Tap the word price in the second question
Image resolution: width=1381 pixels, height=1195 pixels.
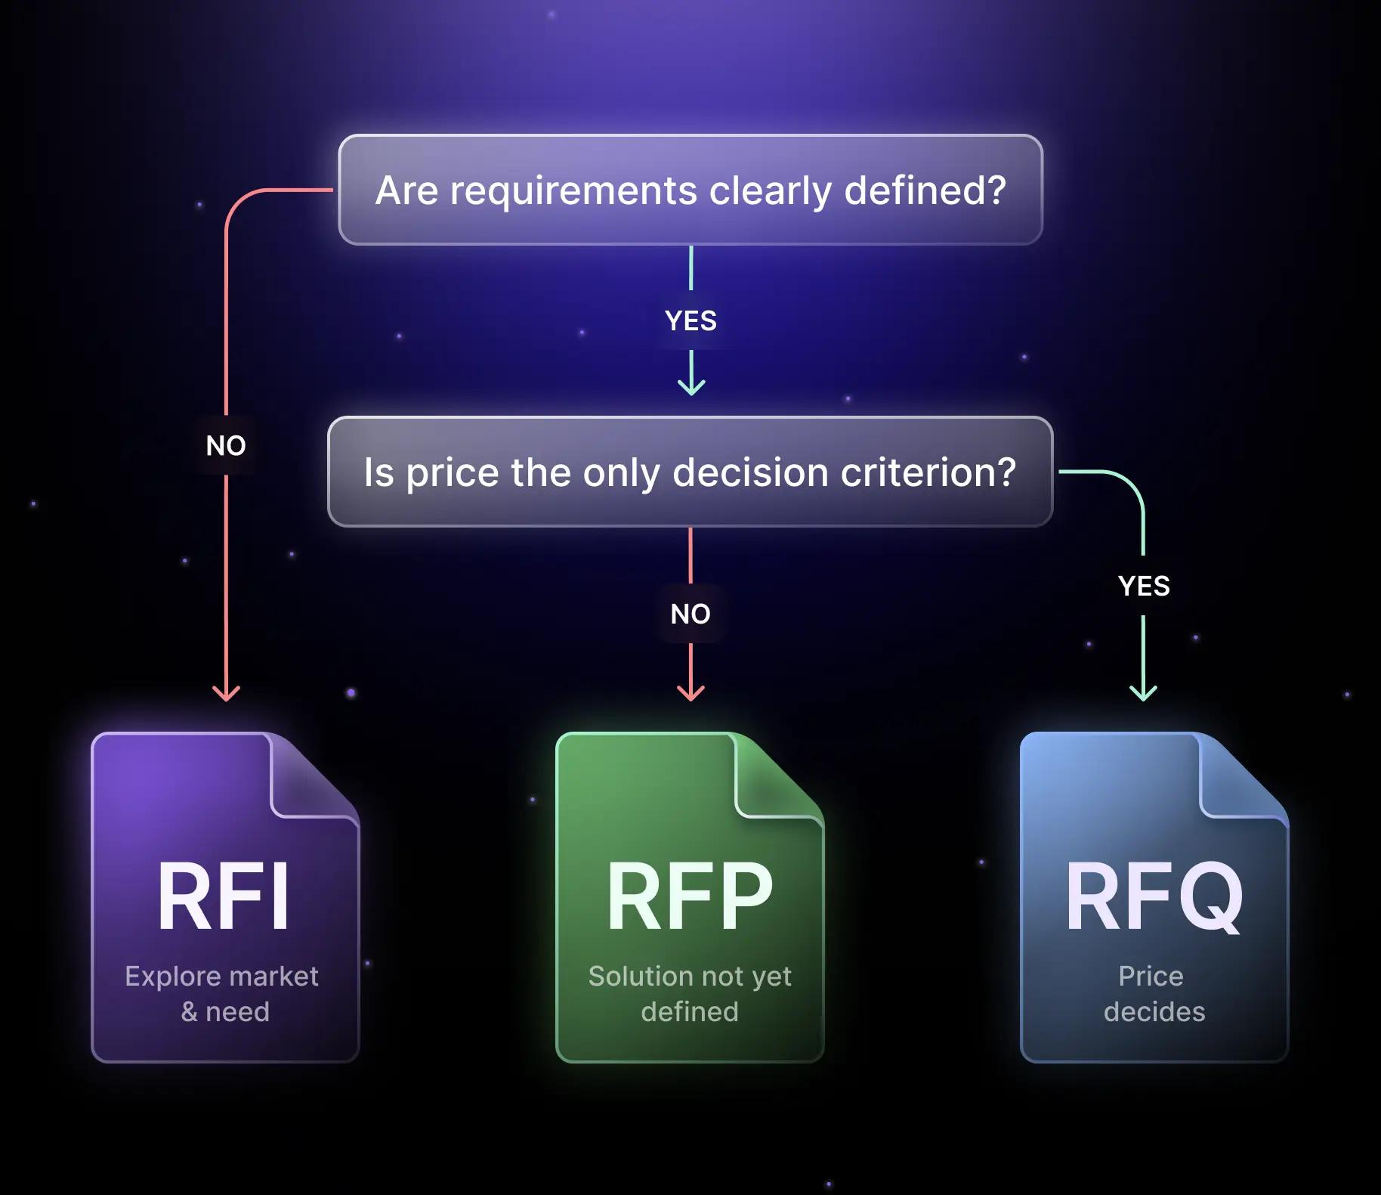click(x=453, y=473)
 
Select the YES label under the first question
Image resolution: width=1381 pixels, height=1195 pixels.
click(x=690, y=320)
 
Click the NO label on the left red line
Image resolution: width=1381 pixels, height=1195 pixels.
click(x=226, y=445)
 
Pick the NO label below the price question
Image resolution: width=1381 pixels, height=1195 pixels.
click(x=690, y=614)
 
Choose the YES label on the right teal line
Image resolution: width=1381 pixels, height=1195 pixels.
click(x=1144, y=586)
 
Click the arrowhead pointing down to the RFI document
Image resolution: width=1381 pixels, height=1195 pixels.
click(x=226, y=692)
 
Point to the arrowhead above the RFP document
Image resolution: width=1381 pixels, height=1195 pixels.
click(x=690, y=692)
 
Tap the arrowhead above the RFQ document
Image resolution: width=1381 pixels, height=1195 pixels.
click(x=1143, y=692)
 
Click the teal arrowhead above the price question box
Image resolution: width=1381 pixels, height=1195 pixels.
click(x=691, y=386)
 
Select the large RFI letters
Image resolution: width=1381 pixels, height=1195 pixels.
click(x=224, y=897)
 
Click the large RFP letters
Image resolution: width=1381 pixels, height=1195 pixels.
click(x=690, y=897)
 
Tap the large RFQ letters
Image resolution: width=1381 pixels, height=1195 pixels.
click(x=1154, y=897)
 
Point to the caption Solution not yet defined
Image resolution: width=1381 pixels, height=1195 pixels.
click(x=690, y=993)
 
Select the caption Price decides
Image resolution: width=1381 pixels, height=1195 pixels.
click(x=1154, y=993)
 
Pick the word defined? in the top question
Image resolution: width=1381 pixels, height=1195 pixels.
click(x=925, y=190)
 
